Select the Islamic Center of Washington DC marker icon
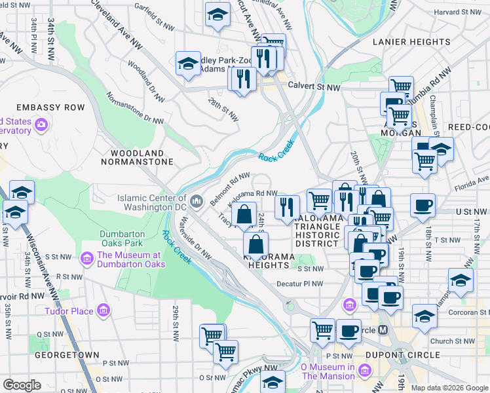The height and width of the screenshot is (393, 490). (197, 199)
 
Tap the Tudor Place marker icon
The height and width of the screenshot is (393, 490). (103, 310)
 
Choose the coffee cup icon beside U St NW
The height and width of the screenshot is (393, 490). (423, 205)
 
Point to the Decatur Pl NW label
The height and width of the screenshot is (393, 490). (300, 284)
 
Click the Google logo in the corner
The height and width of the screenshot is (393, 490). (22, 385)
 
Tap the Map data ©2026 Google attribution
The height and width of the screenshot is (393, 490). (449, 388)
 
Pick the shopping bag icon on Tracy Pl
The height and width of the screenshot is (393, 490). (244, 214)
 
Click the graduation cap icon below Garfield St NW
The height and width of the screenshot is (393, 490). (217, 16)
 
